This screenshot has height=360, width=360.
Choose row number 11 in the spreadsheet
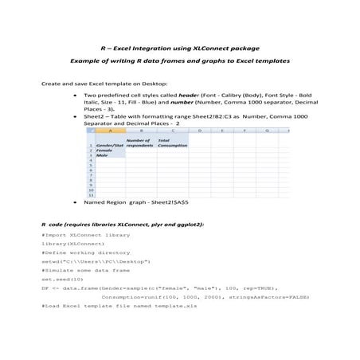(92, 194)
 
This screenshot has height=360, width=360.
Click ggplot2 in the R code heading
(189, 225)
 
